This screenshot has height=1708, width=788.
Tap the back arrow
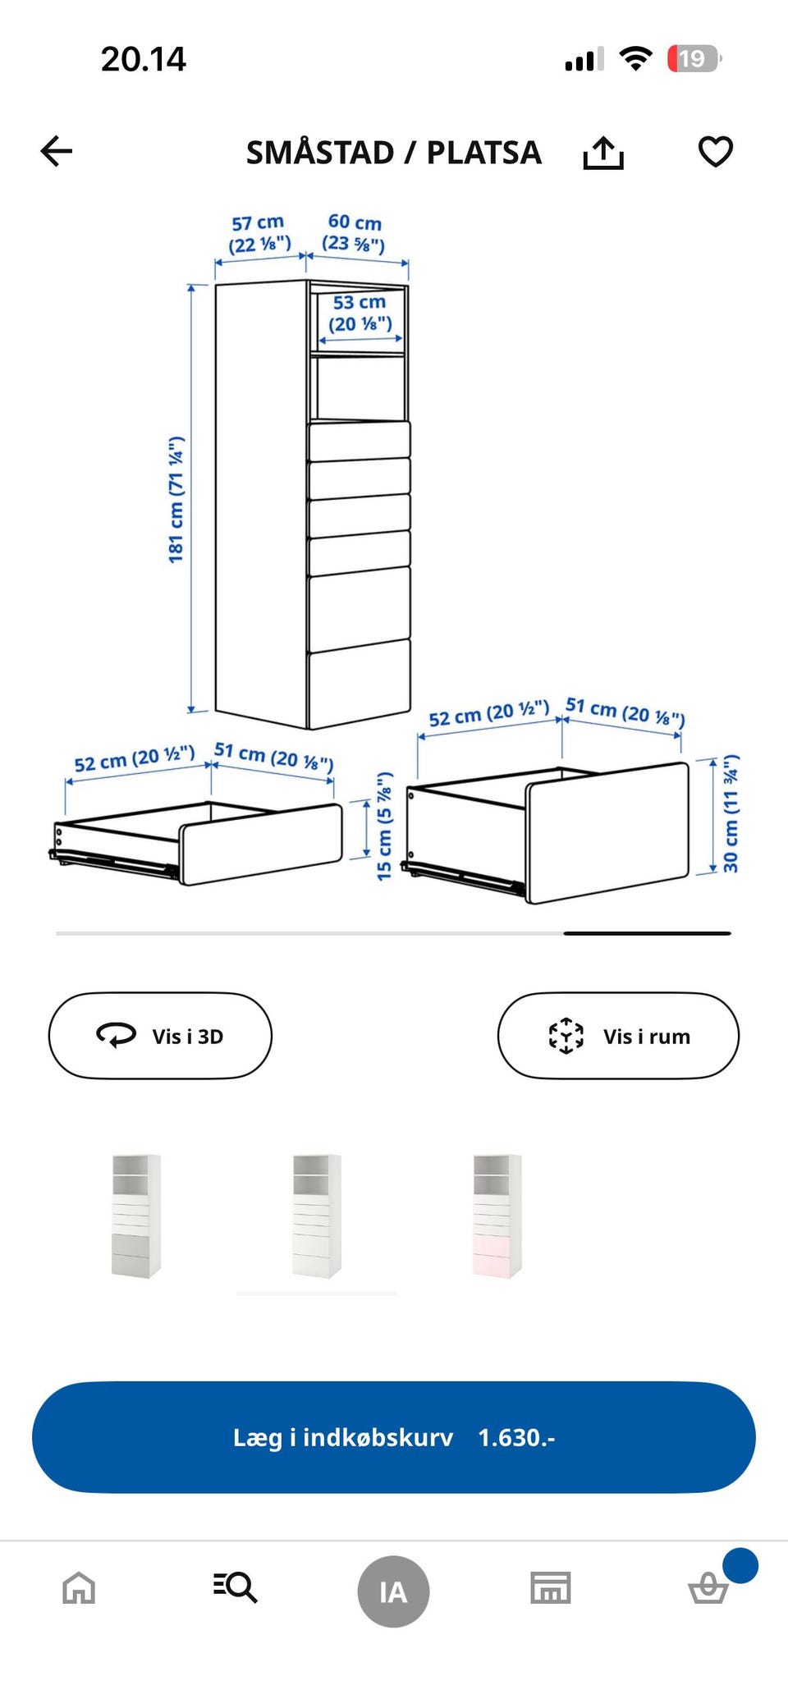point(57,151)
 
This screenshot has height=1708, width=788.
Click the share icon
point(603,153)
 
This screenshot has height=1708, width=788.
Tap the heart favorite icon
point(715,152)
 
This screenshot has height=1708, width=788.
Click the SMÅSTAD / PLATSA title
point(394,153)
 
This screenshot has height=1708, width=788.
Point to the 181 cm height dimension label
point(176,500)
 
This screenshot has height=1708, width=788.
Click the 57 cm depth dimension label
point(259,234)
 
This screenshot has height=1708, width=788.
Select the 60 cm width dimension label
point(354,232)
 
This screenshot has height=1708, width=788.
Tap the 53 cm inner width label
point(360,313)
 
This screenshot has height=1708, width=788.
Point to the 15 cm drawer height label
point(384,827)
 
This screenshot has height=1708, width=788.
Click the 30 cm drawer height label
point(731,813)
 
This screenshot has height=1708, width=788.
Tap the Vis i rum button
point(618,1036)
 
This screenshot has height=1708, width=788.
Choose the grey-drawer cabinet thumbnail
point(136,1216)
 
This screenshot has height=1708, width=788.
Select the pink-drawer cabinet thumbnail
point(497,1216)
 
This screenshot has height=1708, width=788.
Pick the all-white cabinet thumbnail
point(317,1216)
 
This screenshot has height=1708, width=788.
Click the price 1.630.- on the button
point(517,1437)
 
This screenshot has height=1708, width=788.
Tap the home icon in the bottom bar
point(79,1587)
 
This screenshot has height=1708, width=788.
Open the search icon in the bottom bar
point(236,1587)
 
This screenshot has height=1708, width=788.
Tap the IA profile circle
point(393,1591)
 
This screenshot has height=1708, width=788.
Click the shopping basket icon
point(708,1587)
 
